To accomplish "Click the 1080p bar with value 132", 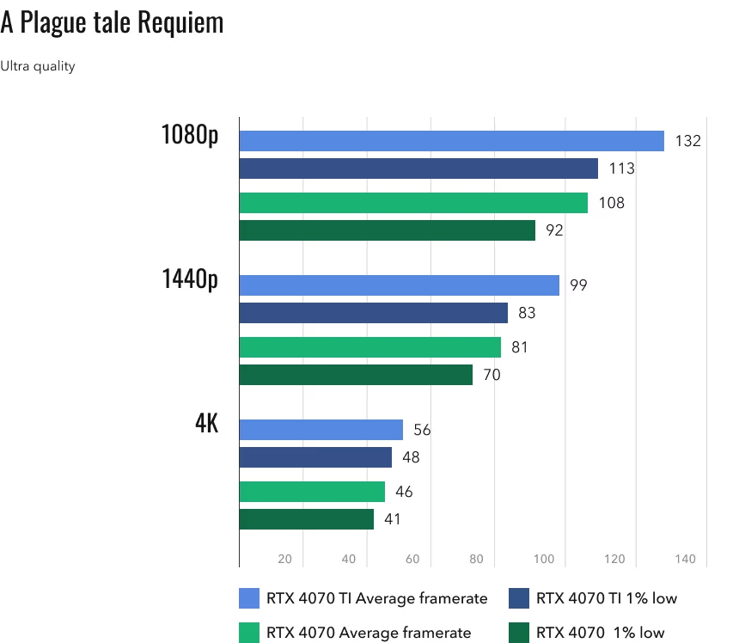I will click(451, 141).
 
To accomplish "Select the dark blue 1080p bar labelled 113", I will click(418, 168).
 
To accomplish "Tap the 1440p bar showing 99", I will click(399, 285).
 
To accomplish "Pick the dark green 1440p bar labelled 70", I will click(356, 375).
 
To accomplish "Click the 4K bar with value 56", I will click(321, 430).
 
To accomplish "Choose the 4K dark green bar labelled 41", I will click(306, 519).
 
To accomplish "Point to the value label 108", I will click(613, 204).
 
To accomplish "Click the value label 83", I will click(527, 313).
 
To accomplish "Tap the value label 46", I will click(403, 492).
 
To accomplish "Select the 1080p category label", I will click(189, 136).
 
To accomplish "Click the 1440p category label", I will click(189, 280).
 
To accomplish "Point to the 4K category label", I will click(206, 425).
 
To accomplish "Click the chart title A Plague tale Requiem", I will click(112, 23).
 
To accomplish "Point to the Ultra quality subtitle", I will click(38, 66).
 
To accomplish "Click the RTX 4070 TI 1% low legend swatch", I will click(519, 598).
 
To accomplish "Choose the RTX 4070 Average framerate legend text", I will click(369, 633).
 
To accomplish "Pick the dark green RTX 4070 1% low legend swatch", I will click(519, 633).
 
